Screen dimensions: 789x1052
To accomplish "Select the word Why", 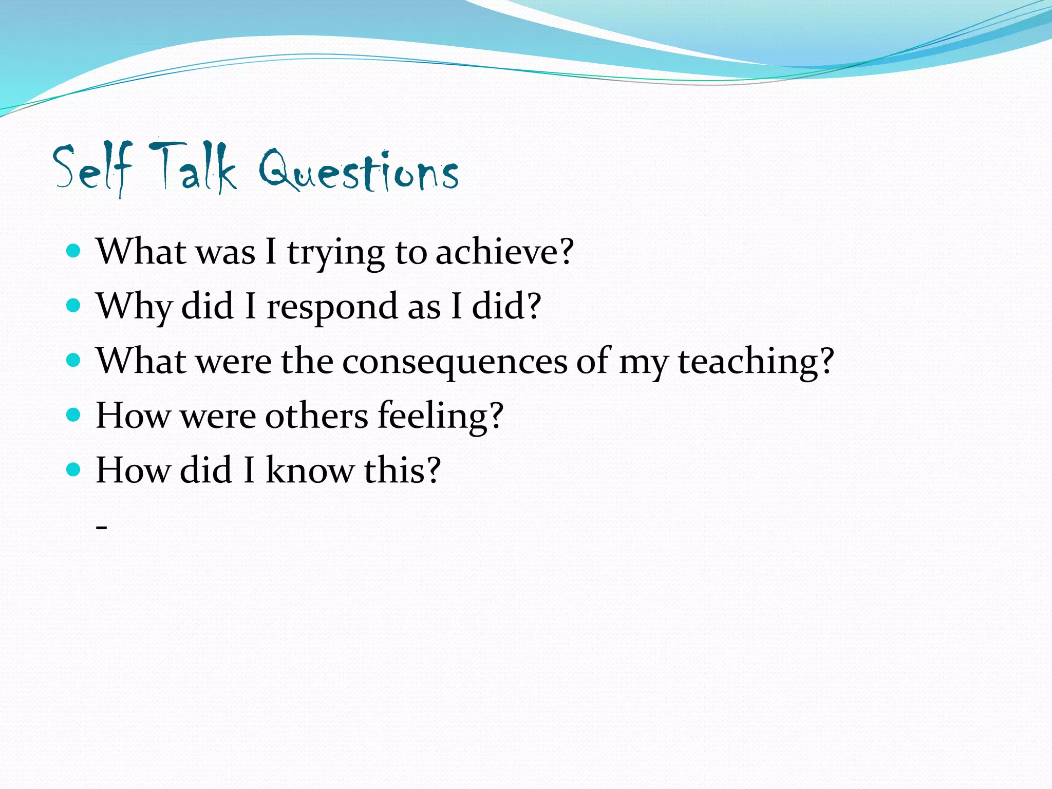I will tap(134, 307).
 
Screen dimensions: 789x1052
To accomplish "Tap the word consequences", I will tap(455, 362).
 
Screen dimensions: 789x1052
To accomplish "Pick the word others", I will tap(316, 416).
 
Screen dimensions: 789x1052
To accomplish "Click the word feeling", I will tap(433, 417).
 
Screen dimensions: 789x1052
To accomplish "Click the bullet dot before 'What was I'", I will tap(74, 251).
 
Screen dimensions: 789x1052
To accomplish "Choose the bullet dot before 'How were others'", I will tap(74, 415).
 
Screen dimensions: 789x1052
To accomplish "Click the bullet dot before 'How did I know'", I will tap(74, 469).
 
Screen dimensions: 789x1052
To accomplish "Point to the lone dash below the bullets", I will tap(102, 528).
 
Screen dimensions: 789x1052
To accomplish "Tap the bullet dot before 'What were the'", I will tap(74, 360).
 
